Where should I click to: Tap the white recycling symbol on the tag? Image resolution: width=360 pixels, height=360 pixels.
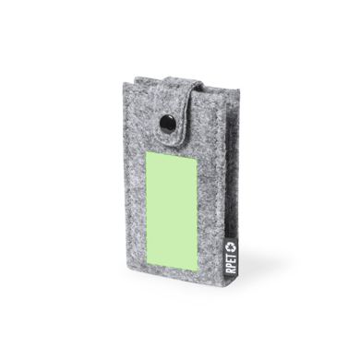(x=231, y=246)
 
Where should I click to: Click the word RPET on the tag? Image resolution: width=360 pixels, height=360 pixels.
(x=231, y=263)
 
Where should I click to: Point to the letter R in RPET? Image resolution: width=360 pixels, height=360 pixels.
(x=231, y=270)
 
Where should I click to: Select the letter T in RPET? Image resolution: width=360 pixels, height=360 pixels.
(x=231, y=255)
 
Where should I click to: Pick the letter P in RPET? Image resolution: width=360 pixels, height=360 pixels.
(x=231, y=266)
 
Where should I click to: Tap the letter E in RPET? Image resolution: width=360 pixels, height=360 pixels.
(x=231, y=260)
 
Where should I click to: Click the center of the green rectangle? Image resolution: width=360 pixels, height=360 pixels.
(x=171, y=210)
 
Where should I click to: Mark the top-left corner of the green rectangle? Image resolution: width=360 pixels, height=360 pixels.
(x=146, y=151)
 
